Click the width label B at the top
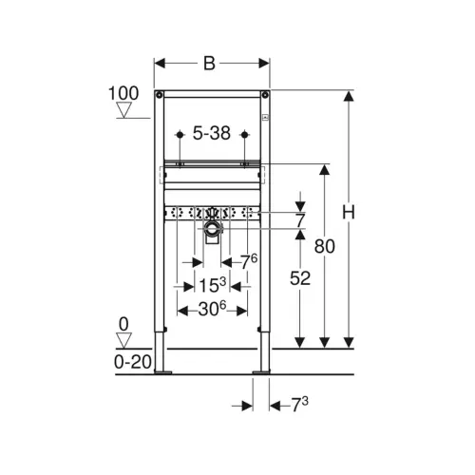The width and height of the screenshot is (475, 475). tap(209, 64)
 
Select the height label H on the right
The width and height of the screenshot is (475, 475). tap(349, 212)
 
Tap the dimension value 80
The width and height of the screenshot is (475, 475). tap(325, 246)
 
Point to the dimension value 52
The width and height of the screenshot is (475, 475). tap(300, 278)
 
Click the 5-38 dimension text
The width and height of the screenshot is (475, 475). tap(212, 133)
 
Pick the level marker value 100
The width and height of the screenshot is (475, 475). tap(123, 93)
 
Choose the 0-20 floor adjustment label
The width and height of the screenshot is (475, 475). tap(133, 362)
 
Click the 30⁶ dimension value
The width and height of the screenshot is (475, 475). tap(212, 309)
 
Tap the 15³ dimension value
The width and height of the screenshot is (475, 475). tap(212, 285)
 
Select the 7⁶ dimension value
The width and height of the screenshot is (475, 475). tap(249, 261)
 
